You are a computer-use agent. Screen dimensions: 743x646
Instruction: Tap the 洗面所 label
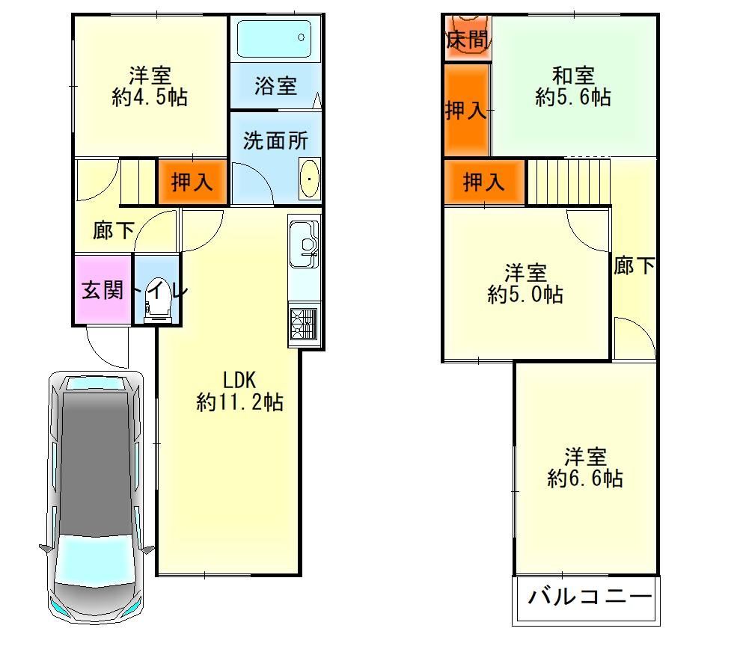pos(275,141)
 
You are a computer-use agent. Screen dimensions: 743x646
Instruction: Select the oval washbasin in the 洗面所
pos(310,179)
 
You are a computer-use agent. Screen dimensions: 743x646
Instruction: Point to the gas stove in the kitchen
pos(304,324)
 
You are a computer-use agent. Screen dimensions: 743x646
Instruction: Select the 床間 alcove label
pos(467,40)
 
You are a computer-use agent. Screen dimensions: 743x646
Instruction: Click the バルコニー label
pos(590,596)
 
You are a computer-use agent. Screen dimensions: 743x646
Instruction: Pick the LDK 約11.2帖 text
pos(239,391)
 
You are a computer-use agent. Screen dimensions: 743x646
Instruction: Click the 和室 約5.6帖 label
pos(573,86)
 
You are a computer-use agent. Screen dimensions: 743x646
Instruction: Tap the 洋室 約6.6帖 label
pos(585,467)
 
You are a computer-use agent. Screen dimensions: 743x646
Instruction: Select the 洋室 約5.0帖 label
pos(525,283)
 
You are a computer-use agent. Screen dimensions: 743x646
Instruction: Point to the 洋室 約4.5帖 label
pos(150,86)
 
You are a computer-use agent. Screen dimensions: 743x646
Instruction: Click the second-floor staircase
pos(568,182)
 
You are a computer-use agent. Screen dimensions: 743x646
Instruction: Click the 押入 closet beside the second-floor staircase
pos(484,182)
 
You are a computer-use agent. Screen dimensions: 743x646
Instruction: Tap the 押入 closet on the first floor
pos(192,182)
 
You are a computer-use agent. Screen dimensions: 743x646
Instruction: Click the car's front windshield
pos(97,559)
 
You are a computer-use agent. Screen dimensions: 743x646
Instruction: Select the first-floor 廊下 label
pos(113,230)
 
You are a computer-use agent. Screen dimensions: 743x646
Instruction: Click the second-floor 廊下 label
pos(634,265)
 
